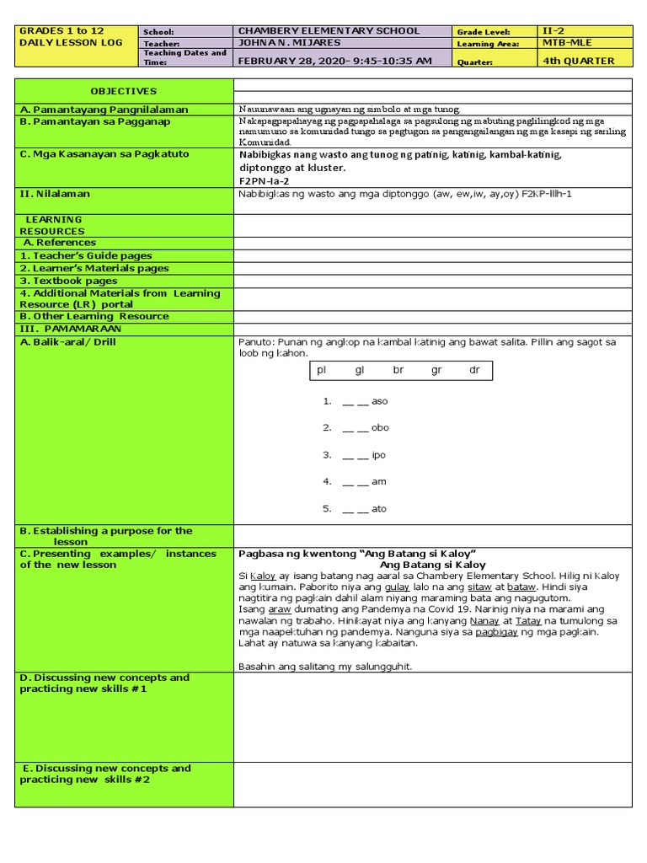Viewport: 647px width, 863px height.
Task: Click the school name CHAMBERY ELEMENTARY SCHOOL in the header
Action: pyautogui.click(x=329, y=31)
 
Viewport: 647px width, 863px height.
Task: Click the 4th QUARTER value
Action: pyautogui.click(x=578, y=61)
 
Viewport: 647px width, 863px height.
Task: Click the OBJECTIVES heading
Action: pyautogui.click(x=124, y=91)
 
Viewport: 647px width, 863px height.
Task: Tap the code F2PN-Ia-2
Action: pyautogui.click(x=265, y=180)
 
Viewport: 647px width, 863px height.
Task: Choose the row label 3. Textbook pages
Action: pyautogui.click(x=68, y=281)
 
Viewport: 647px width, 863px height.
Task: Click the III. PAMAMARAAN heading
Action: pyautogui.click(x=71, y=328)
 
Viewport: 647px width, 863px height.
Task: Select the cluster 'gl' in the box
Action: pyautogui.click(x=360, y=371)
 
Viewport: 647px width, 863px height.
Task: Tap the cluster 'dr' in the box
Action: pyautogui.click(x=474, y=371)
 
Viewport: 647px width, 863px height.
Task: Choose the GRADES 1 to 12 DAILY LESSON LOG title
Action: pyautogui.click(x=71, y=36)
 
